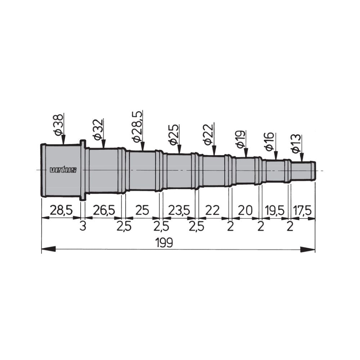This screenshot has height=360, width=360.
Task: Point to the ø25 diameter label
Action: (174, 135)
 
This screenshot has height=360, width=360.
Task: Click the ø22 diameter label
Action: (208, 134)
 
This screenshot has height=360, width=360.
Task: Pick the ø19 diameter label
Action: (240, 140)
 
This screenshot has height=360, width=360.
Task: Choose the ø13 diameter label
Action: (296, 144)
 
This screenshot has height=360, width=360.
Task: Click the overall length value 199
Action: (165, 243)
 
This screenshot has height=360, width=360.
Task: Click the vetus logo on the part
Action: (63, 170)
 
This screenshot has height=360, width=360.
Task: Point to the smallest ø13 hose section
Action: (302, 170)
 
